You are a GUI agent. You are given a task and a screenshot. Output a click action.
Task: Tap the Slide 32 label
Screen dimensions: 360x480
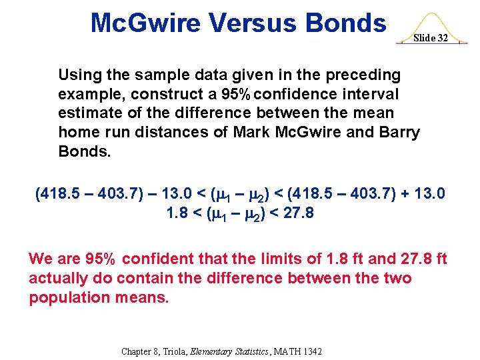[430, 38]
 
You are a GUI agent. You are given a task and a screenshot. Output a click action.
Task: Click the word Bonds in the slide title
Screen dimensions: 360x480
[345, 23]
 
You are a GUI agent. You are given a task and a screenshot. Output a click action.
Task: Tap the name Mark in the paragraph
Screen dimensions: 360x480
[253, 132]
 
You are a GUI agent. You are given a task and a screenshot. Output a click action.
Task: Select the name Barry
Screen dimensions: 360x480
[399, 132]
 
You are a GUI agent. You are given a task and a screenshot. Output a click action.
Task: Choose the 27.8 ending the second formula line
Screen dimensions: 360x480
[299, 214]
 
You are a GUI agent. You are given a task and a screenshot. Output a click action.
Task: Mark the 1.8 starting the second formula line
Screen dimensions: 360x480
[175, 214]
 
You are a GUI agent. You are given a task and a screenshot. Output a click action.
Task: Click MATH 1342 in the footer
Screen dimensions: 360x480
[298, 351]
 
